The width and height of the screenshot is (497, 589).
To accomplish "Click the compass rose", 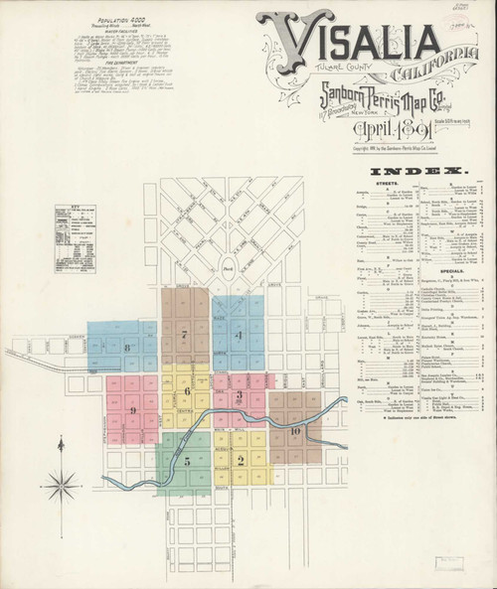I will pos(66,487).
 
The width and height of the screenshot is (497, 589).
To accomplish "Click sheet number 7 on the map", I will pos(185,336).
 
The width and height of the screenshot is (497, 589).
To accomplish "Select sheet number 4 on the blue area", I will pos(238,336).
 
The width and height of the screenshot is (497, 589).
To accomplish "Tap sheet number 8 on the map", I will pos(127,347).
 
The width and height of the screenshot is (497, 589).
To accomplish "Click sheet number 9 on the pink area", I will pos(132,409).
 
